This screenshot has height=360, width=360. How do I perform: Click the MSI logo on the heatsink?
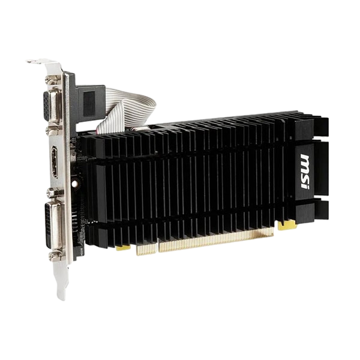pyautogui.click(x=305, y=172)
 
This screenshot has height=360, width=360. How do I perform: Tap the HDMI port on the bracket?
pyautogui.click(x=55, y=161)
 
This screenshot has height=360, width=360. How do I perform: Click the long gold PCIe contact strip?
pyautogui.click(x=216, y=240)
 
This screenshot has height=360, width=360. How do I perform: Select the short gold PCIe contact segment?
pyautogui.click(x=146, y=250)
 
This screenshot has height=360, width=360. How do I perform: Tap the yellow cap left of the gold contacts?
pyautogui.click(x=123, y=248)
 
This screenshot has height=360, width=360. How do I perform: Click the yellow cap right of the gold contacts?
pyautogui.click(x=287, y=226)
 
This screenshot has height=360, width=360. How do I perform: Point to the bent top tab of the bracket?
pyautogui.click(x=38, y=61)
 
